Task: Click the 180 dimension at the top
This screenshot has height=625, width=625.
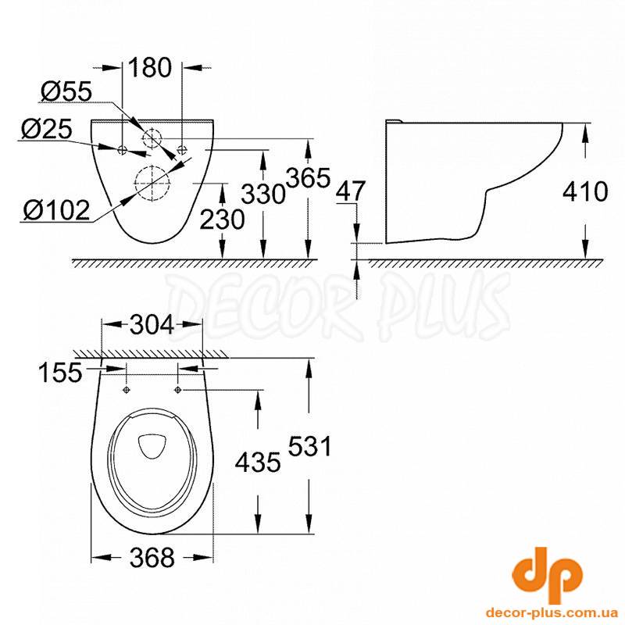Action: (x=150, y=68)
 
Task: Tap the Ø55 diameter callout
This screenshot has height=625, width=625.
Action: (x=66, y=91)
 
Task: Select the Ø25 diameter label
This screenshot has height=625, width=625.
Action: (x=47, y=129)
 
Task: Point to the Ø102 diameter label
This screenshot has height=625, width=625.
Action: (x=56, y=210)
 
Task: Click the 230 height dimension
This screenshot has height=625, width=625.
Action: (x=222, y=220)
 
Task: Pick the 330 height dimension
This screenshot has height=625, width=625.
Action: (x=264, y=195)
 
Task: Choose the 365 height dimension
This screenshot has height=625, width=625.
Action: (x=309, y=178)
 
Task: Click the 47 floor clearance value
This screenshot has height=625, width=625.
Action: (x=350, y=191)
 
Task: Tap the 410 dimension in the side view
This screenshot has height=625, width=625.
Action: (x=585, y=191)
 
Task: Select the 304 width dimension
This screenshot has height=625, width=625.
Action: (x=152, y=324)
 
